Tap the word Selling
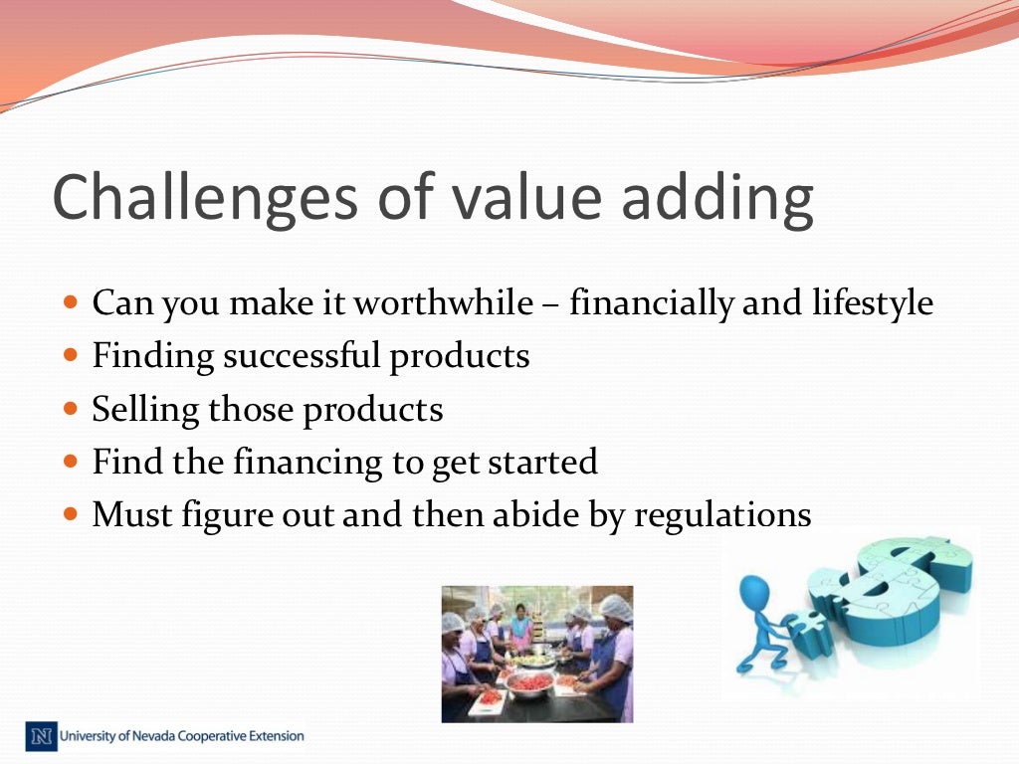(x=145, y=409)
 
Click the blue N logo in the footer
(x=41, y=737)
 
